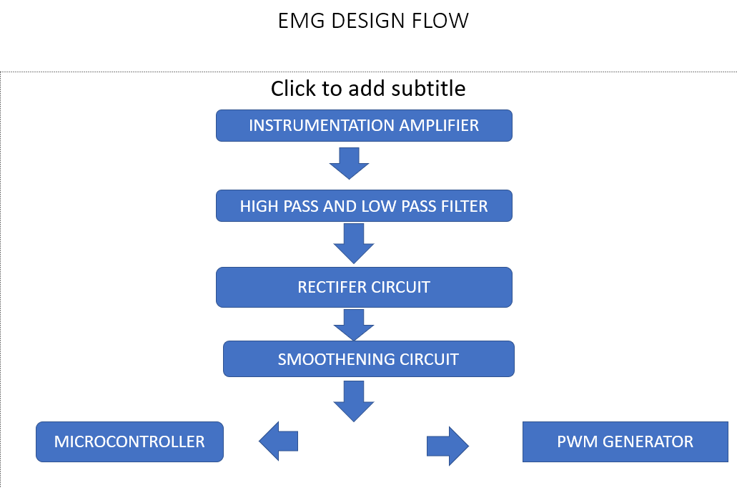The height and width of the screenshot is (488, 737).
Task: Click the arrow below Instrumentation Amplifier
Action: (x=349, y=164)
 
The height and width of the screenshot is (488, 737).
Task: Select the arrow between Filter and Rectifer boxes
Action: (x=353, y=244)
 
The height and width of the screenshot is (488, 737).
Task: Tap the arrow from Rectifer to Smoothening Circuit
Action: (x=353, y=325)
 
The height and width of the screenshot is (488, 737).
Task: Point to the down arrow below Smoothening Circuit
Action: (x=353, y=401)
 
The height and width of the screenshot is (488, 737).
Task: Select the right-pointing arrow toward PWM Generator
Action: (x=447, y=446)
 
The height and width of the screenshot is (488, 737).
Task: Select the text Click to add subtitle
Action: (x=368, y=89)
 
